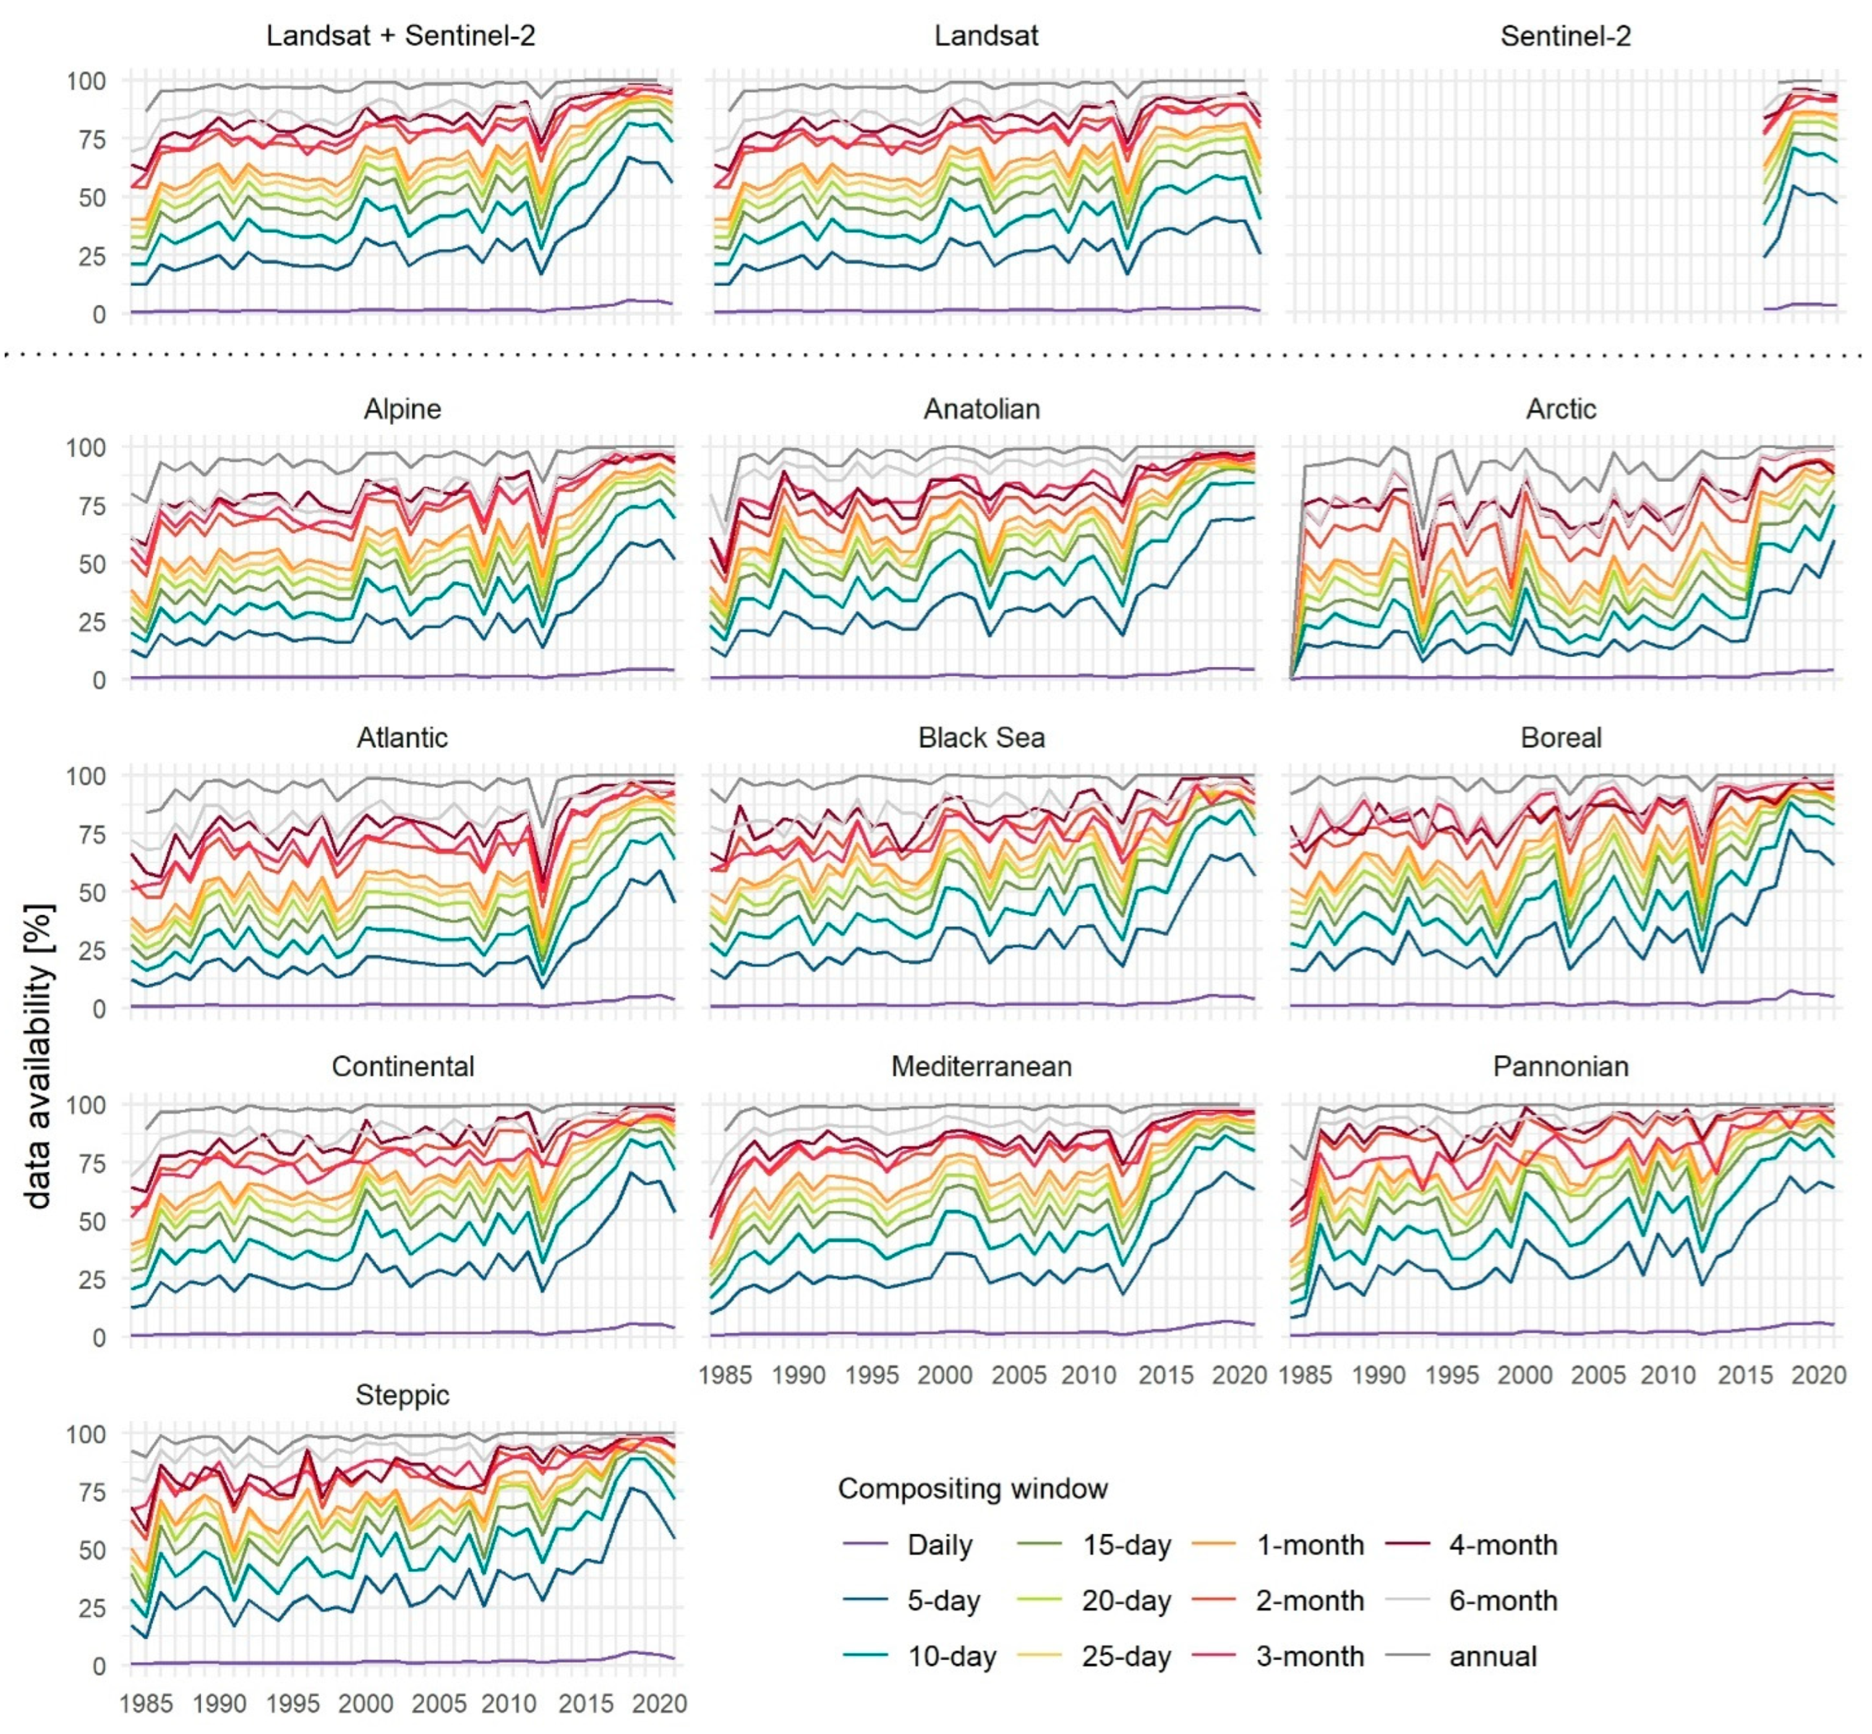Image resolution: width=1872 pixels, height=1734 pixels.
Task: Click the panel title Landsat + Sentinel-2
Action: tap(401, 36)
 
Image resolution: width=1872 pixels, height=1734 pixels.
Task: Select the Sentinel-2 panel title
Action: tap(1565, 36)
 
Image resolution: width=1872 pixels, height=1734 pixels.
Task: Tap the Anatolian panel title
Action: tap(981, 409)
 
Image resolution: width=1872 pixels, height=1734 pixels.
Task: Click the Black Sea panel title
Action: tap(981, 738)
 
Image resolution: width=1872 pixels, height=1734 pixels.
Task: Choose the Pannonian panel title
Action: tap(1560, 1067)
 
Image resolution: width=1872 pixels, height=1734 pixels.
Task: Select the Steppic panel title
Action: tap(403, 1395)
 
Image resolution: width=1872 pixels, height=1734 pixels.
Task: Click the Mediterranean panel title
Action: tap(981, 1067)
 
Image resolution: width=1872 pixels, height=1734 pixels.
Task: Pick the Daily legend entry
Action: tap(939, 1545)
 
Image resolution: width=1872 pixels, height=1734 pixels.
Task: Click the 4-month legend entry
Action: tap(1502, 1545)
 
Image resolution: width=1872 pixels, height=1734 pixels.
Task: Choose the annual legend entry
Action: tap(1492, 1657)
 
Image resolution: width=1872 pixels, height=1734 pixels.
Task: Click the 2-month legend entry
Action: tap(1309, 1601)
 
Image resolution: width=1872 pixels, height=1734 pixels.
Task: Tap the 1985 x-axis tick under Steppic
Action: tap(147, 1703)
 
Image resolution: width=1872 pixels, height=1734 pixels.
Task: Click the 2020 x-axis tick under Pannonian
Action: tap(1818, 1375)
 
